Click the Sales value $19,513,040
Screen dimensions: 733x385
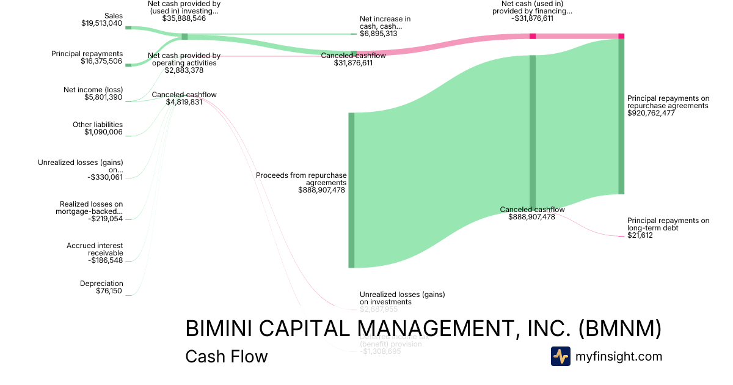[x=101, y=23]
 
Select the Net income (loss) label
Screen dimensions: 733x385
[x=93, y=89]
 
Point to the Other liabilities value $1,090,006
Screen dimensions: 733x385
[x=103, y=132]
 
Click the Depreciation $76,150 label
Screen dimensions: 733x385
[x=101, y=287]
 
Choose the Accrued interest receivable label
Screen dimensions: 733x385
[x=95, y=249]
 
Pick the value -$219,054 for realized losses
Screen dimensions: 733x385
[x=105, y=218]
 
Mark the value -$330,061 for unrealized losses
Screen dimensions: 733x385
[x=105, y=177]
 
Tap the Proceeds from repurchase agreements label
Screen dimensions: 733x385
[x=301, y=178]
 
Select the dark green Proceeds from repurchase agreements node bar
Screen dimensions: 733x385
[x=351, y=190]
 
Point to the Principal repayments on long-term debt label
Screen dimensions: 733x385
[x=668, y=224]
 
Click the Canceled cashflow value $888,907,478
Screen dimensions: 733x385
[x=531, y=216]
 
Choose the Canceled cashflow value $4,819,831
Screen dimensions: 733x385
[x=184, y=102]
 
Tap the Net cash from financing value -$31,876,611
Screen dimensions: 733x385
[x=532, y=18]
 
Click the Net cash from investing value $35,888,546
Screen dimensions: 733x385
[x=184, y=18]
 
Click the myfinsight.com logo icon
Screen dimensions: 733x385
[x=560, y=356]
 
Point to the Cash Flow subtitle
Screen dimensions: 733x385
[x=226, y=356]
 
